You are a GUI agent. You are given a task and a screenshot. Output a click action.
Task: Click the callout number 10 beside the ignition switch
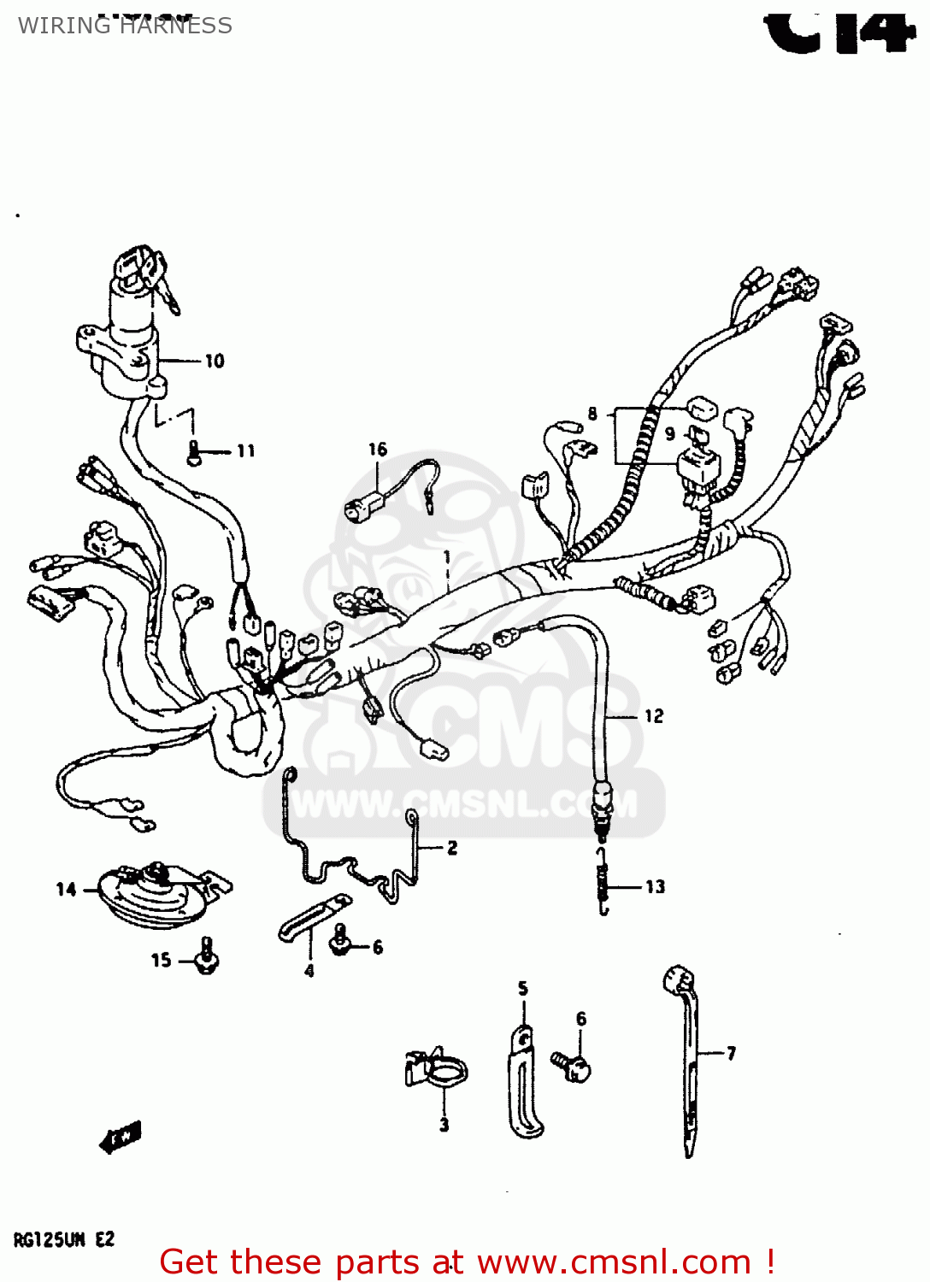tap(215, 361)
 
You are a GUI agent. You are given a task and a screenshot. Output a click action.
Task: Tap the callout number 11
tap(245, 450)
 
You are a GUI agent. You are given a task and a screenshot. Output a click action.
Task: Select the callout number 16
tap(378, 449)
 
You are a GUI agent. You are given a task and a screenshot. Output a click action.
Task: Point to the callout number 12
tap(654, 716)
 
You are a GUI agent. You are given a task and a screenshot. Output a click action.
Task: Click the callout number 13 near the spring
tap(655, 886)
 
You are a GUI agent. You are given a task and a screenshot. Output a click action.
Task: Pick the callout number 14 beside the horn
tap(66, 890)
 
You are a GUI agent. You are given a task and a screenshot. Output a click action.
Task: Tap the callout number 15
tap(161, 960)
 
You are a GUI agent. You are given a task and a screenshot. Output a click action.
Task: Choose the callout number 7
tap(732, 1053)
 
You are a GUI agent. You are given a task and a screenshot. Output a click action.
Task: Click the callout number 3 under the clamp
tap(444, 1125)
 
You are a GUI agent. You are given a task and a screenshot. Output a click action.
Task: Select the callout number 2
tap(452, 848)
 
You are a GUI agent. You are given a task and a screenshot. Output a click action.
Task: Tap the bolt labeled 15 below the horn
tap(206, 956)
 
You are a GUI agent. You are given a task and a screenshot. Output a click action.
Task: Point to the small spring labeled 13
tap(603, 880)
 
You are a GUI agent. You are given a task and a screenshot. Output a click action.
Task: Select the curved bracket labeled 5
tap(523, 1085)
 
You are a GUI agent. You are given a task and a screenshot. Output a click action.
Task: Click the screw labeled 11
tap(194, 451)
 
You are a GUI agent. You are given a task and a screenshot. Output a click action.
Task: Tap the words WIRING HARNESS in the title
tap(126, 26)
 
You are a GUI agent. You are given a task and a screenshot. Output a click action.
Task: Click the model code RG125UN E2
tap(64, 1239)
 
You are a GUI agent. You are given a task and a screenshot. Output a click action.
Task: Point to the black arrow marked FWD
tap(120, 1138)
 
